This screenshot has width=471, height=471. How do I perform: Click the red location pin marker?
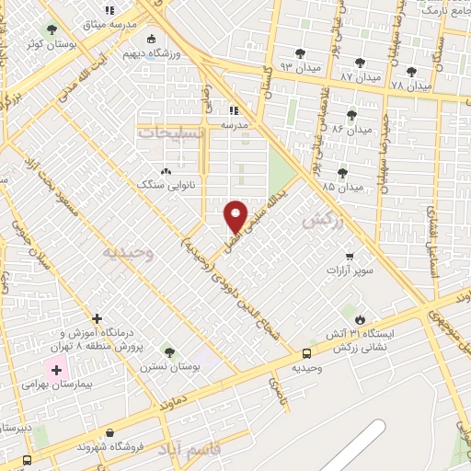(236, 216)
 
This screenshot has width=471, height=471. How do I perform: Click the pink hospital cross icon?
(57, 370)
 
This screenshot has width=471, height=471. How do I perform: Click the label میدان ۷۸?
(410, 85)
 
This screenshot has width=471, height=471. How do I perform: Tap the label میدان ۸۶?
(352, 129)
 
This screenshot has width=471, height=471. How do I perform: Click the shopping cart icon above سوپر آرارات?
(350, 257)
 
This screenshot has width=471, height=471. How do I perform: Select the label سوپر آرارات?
(350, 271)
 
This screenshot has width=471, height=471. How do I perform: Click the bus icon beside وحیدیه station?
(306, 353)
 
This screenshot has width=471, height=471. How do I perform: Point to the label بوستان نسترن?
(170, 365)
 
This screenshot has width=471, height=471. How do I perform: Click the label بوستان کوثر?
(47, 43)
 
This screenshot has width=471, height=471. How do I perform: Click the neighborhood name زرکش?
(321, 220)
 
